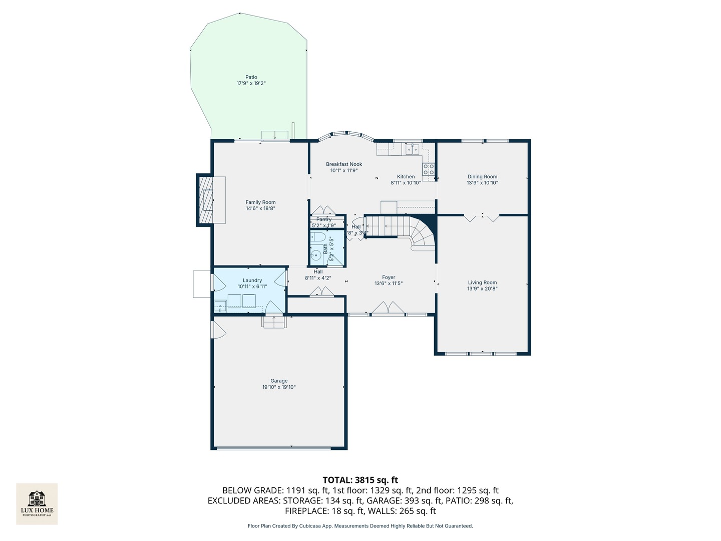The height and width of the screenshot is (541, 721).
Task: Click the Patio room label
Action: tap(251, 77)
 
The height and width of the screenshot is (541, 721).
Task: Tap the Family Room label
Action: tap(260, 202)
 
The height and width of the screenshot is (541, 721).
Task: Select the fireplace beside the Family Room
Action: tap(206, 200)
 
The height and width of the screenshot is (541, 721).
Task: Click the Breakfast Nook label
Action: tap(343, 164)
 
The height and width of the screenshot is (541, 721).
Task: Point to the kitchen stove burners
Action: tap(428, 169)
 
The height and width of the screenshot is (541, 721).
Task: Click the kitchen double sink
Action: tap(413, 149)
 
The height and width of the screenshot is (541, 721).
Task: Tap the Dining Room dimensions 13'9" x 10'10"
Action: tap(482, 183)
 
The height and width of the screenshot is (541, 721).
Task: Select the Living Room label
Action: tap(482, 283)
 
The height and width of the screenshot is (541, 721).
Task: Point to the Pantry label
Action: tap(324, 219)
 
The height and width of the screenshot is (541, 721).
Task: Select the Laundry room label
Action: tap(252, 281)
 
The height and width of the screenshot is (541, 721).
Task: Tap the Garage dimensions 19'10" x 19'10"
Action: tap(279, 387)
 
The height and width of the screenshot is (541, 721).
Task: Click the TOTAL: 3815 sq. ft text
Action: tap(360, 480)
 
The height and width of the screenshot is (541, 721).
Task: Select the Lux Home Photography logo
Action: tap(37, 503)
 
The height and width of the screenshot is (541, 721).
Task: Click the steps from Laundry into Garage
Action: tap(273, 322)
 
